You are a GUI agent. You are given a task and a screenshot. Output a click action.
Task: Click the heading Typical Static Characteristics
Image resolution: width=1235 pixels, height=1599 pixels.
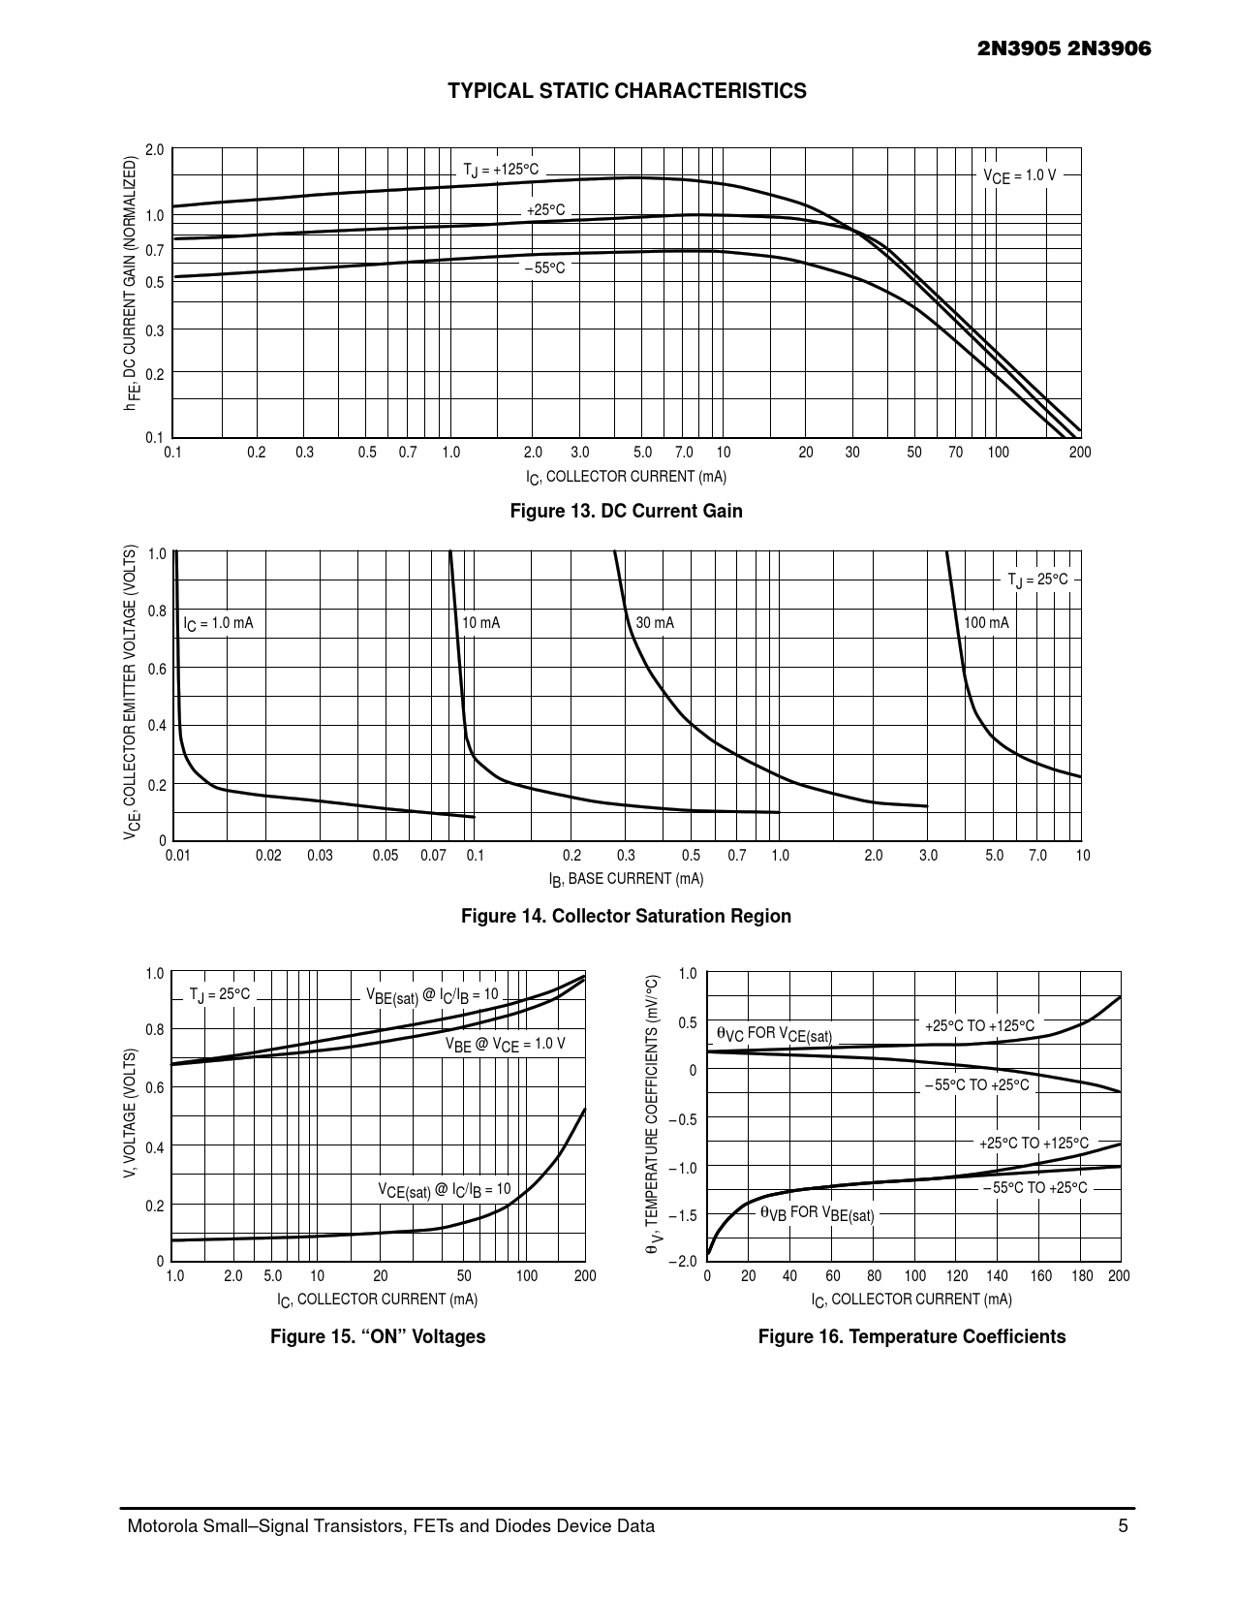coord(627,91)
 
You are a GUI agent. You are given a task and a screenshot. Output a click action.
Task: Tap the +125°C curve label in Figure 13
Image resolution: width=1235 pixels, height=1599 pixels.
coord(500,171)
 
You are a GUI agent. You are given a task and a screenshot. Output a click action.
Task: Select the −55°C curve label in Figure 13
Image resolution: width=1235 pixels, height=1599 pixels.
coord(545,267)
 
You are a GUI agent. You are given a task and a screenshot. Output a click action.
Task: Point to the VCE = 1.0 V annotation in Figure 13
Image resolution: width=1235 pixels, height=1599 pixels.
coord(1019,176)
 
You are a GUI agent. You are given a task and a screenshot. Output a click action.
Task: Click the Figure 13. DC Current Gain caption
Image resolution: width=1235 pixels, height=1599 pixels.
coord(626,511)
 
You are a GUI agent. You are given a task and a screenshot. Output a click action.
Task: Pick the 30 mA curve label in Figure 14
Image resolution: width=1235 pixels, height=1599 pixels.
coord(654,623)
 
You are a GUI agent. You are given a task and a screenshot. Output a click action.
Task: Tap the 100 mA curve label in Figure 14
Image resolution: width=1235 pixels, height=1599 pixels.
coord(986,623)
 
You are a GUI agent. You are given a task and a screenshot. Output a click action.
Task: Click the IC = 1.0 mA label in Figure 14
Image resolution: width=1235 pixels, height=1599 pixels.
coord(218,623)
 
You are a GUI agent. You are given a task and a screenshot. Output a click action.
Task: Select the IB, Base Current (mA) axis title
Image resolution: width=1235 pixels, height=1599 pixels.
coord(626,879)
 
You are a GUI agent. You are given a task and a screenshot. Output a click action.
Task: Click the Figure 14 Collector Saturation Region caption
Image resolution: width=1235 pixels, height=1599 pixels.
coord(626,916)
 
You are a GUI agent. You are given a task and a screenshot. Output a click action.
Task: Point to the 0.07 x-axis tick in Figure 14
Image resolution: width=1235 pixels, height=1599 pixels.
coord(433,856)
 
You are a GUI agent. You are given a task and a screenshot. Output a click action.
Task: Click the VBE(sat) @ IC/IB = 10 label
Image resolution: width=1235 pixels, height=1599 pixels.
coord(432,995)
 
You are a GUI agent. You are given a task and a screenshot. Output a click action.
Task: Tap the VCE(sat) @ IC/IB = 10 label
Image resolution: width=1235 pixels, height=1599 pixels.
coord(444,1190)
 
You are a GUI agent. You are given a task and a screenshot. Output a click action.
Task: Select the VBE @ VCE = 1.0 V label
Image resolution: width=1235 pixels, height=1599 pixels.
coord(505,1045)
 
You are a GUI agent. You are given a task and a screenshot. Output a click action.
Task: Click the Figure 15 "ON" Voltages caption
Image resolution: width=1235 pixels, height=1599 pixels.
coord(378,1337)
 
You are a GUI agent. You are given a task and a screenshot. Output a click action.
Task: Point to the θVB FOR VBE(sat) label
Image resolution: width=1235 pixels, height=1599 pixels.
coord(817,1212)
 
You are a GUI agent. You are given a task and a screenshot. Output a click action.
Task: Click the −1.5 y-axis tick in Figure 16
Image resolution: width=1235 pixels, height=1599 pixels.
coord(687,1214)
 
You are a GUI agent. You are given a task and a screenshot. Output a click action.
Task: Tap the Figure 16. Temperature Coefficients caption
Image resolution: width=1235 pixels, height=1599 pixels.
coord(911,1337)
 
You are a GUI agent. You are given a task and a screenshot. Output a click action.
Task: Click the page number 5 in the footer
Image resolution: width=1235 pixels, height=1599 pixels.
coord(1123,1526)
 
